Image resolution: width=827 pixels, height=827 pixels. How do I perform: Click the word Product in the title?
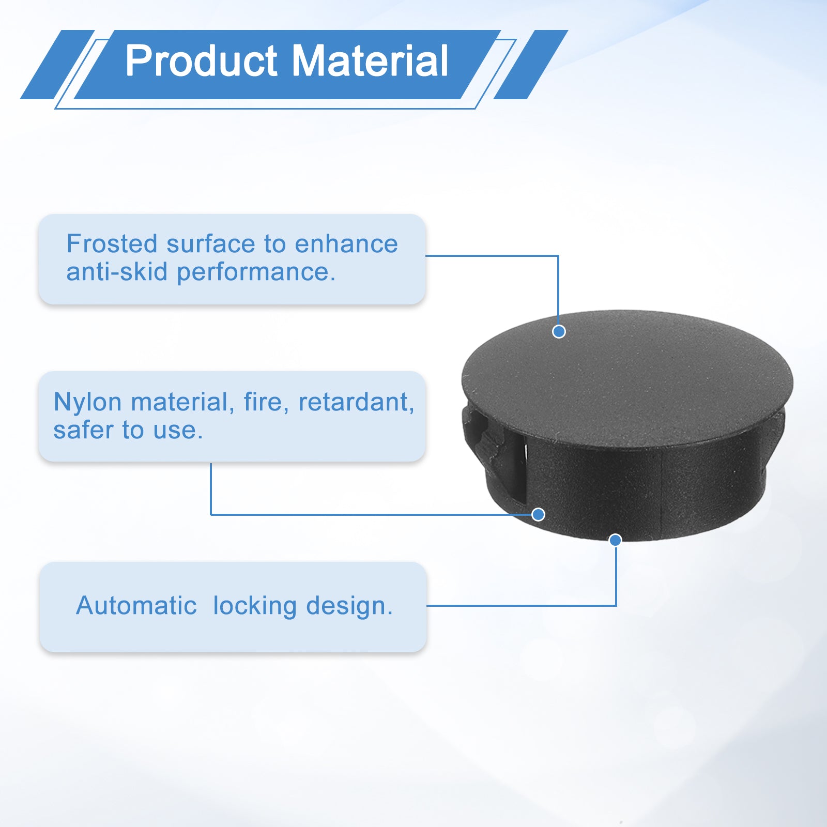pos(202,60)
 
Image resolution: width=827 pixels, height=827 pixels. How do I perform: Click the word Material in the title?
pos(370,60)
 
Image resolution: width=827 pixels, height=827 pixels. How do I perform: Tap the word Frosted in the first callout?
pos(111,244)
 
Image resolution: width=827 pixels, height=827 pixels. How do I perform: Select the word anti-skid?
pos(117,272)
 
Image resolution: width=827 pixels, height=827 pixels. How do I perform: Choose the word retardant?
pos(356,402)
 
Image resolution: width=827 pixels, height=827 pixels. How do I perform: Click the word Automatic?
pos(136,605)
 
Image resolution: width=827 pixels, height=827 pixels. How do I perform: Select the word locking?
pos(254,606)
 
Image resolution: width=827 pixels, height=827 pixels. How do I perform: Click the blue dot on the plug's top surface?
pos(559,331)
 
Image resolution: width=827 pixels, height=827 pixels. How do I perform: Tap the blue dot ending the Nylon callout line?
pos(538,514)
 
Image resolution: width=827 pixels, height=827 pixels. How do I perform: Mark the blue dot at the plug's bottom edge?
pos(615,540)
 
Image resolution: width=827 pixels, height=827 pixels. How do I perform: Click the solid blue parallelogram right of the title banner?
pos(531,65)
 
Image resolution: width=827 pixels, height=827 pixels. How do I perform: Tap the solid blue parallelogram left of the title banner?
pos(57,65)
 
